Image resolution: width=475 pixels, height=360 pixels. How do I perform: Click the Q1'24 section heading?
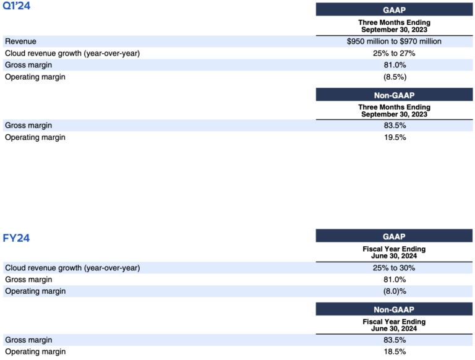click(17, 7)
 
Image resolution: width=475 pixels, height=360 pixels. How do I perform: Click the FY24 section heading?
click(16, 238)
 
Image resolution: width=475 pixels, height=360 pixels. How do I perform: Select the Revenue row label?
click(20, 41)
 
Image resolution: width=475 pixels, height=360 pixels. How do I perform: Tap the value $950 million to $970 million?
click(394, 41)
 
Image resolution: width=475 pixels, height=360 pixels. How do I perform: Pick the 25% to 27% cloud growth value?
click(394, 53)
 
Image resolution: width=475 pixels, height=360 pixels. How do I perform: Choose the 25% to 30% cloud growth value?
click(394, 268)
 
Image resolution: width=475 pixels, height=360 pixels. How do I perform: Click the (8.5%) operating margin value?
click(394, 77)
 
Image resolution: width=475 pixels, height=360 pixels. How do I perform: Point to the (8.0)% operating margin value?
click(394, 291)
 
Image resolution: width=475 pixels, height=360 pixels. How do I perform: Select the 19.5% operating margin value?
click(394, 137)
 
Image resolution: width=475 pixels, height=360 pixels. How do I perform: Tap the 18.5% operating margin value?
click(394, 351)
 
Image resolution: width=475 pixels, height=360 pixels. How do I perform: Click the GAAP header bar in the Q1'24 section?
click(394, 10)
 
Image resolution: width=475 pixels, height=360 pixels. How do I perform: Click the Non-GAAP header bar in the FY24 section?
click(394, 309)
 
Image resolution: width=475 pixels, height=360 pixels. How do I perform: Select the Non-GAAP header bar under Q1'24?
click(394, 95)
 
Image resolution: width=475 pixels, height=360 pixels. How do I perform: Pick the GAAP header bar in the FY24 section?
click(394, 236)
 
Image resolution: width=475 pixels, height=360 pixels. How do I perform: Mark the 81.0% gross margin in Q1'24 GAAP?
click(394, 65)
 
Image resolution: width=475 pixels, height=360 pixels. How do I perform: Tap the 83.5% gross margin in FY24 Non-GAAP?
click(394, 340)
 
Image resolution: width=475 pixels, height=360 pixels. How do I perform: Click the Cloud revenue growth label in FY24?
click(72, 268)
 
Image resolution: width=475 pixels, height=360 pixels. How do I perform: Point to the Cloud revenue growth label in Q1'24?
click(72, 53)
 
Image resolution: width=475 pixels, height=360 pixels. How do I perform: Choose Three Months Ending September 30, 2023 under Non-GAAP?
click(394, 111)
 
